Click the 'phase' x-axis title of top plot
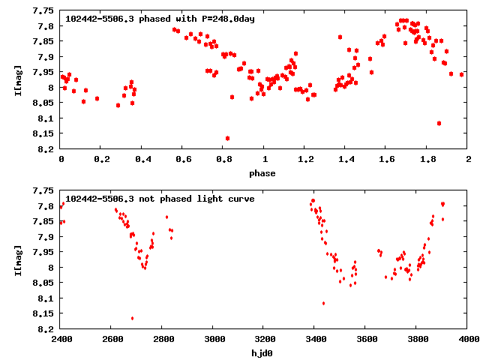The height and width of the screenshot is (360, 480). [x=264, y=173]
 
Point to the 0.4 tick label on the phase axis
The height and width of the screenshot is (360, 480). [x=142, y=160]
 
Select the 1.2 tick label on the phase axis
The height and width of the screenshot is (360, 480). [x=305, y=160]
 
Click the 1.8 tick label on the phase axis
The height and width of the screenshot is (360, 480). [x=427, y=160]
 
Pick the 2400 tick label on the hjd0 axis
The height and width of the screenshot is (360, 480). [x=61, y=339]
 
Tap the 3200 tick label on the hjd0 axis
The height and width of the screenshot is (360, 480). [x=265, y=339]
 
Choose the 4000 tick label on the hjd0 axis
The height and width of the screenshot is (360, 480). [x=468, y=339]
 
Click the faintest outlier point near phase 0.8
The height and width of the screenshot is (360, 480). [x=227, y=138]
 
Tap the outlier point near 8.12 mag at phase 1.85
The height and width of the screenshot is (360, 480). [x=439, y=123]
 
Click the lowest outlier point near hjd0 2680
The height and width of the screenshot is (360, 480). [x=132, y=318]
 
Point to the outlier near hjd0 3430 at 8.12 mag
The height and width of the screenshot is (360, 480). [x=323, y=303]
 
